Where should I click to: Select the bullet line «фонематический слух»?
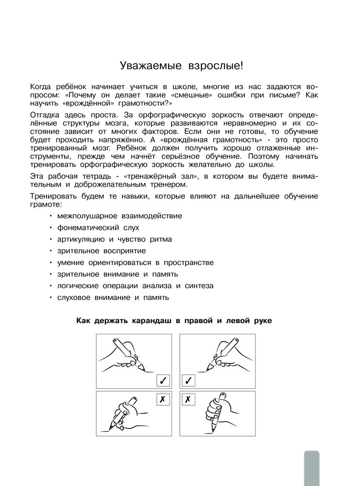coord(98,227)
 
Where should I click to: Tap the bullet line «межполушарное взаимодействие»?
coord(120,216)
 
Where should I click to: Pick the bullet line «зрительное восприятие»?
coord(101,251)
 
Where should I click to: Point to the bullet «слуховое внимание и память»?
coord(113,297)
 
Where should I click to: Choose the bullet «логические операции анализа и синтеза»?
coord(135,285)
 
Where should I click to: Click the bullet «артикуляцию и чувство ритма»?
coord(114,239)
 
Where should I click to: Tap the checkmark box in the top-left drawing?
coord(163,380)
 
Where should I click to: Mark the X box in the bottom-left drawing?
coord(163,399)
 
